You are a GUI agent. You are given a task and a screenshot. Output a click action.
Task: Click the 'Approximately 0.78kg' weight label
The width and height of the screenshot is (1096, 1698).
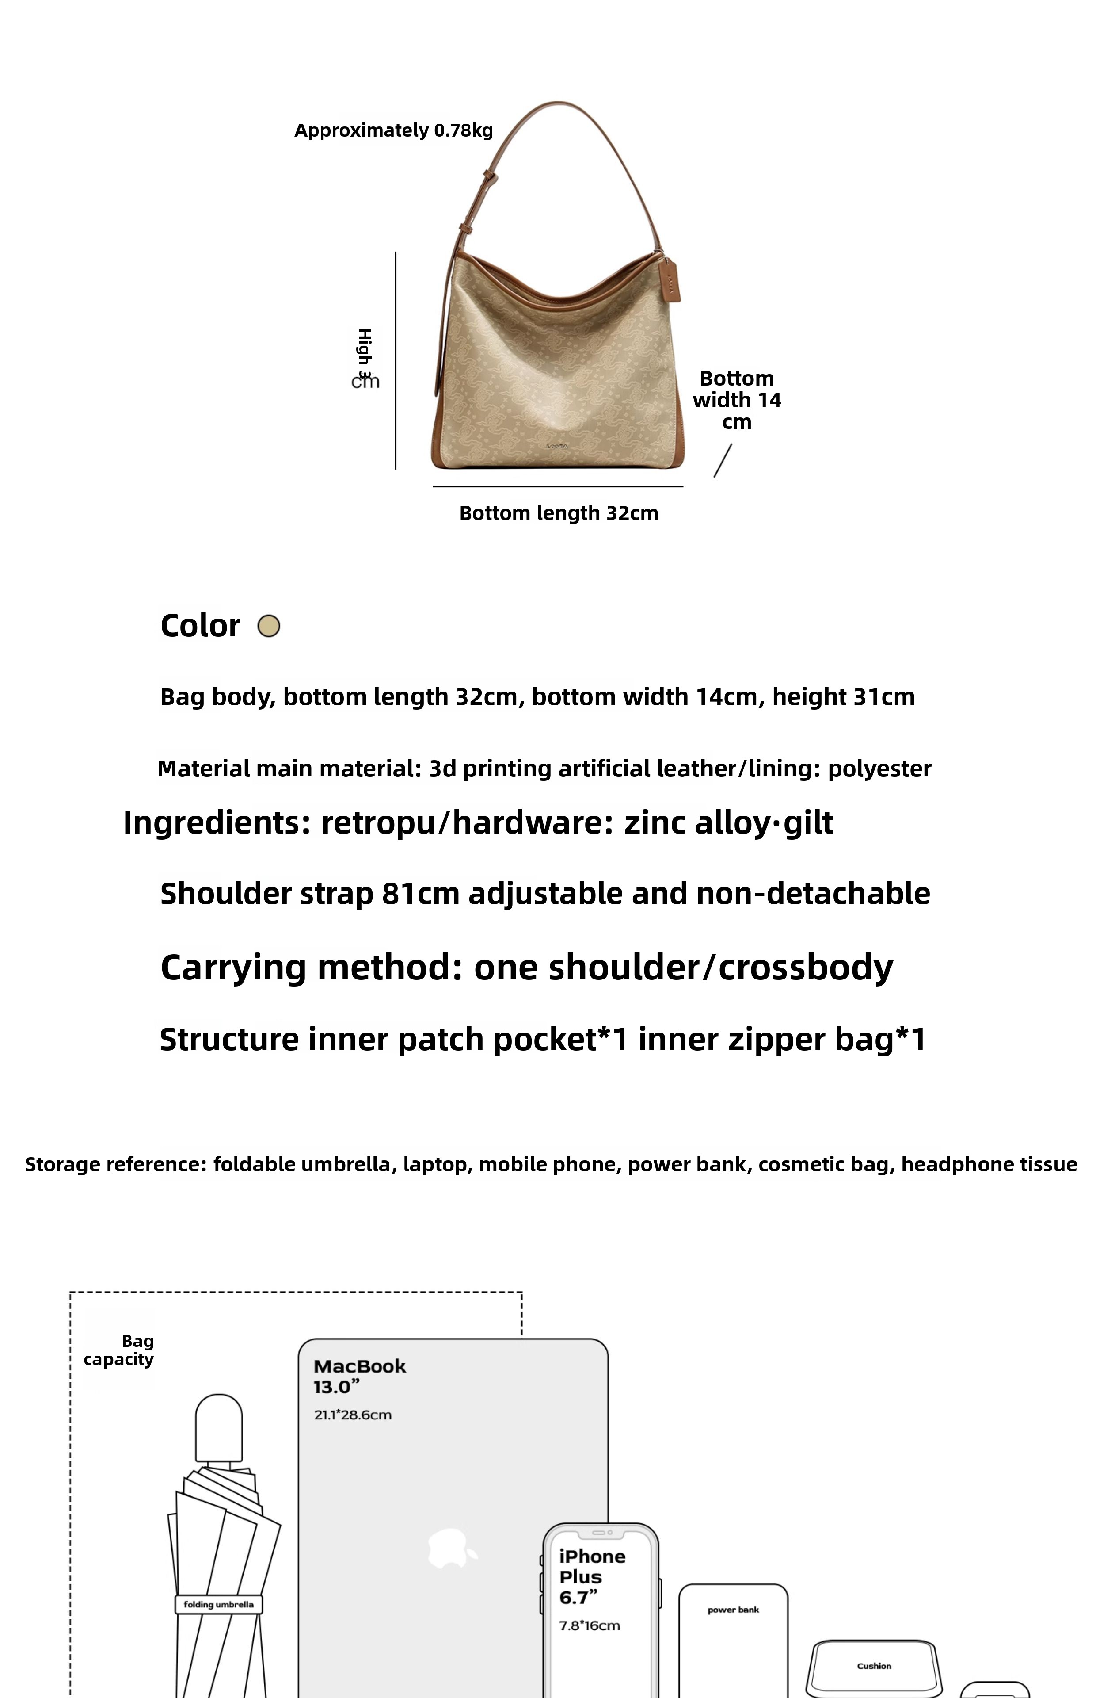tap(394, 130)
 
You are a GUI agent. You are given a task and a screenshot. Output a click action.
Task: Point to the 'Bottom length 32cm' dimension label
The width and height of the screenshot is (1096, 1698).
tap(559, 513)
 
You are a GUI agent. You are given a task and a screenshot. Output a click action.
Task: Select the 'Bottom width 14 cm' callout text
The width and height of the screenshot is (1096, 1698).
tap(737, 400)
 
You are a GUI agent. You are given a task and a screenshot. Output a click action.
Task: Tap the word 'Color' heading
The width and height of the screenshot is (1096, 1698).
tap(200, 626)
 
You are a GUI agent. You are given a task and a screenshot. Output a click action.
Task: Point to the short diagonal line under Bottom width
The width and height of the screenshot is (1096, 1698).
tap(723, 461)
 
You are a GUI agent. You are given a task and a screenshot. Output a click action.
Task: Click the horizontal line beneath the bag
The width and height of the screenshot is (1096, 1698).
tap(558, 487)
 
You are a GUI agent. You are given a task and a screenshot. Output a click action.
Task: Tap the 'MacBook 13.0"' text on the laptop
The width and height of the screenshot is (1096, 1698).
tap(359, 1376)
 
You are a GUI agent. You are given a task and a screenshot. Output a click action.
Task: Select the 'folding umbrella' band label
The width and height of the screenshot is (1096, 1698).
tap(218, 1604)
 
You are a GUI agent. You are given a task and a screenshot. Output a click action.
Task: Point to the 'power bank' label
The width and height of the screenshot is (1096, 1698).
tap(733, 1610)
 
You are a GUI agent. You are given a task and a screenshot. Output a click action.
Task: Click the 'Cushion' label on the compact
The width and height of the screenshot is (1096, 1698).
tap(874, 1666)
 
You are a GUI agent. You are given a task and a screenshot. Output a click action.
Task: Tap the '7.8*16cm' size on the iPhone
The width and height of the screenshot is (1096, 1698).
tap(589, 1625)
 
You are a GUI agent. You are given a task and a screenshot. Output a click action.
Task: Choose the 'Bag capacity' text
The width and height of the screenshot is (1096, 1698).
tap(120, 1350)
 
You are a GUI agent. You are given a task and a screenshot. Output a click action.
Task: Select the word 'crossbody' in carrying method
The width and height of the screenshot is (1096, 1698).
tap(806, 968)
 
